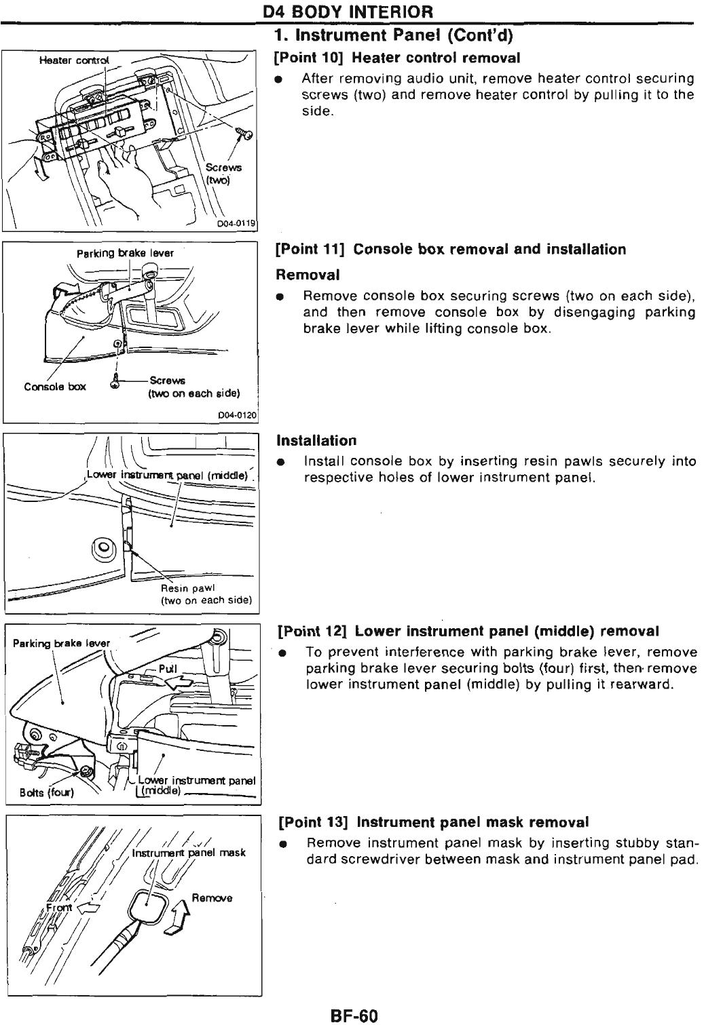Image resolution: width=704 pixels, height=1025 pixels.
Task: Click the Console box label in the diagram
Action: pos(55,387)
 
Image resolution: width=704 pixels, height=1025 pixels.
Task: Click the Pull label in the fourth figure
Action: pos(167,669)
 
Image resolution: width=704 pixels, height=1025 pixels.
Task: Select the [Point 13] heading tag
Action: pos(314,822)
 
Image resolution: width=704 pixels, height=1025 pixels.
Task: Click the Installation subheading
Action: pos(316,440)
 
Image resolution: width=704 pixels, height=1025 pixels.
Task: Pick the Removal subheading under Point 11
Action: pos(307,275)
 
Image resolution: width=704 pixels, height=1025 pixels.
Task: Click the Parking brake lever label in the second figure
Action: pos(125,253)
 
